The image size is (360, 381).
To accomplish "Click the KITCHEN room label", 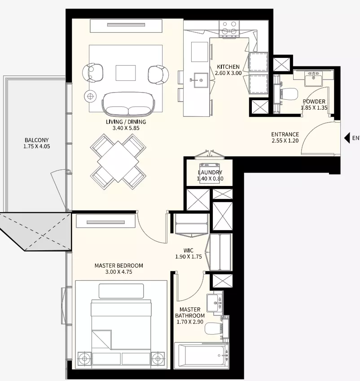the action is (x=228, y=66).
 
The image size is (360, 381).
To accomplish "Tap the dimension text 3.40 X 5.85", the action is (x=126, y=128).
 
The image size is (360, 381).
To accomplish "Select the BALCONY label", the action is (x=37, y=140).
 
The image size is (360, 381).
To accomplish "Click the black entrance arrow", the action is (x=347, y=138).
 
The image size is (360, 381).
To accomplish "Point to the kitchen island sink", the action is (x=199, y=80).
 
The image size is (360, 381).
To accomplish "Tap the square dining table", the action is (x=118, y=162).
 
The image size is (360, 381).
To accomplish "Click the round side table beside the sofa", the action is (x=90, y=97).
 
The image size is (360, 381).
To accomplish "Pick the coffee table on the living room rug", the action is (x=126, y=73).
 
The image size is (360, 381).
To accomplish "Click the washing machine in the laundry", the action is (x=210, y=173).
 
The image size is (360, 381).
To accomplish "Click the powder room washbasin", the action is (x=313, y=79).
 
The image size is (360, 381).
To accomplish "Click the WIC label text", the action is (x=189, y=251).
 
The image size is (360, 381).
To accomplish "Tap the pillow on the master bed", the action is (x=121, y=291).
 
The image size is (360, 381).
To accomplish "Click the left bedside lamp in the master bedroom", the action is (x=84, y=359).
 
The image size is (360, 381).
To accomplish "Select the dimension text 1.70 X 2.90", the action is (x=190, y=322).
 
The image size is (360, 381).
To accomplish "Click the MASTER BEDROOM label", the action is (x=119, y=266).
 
